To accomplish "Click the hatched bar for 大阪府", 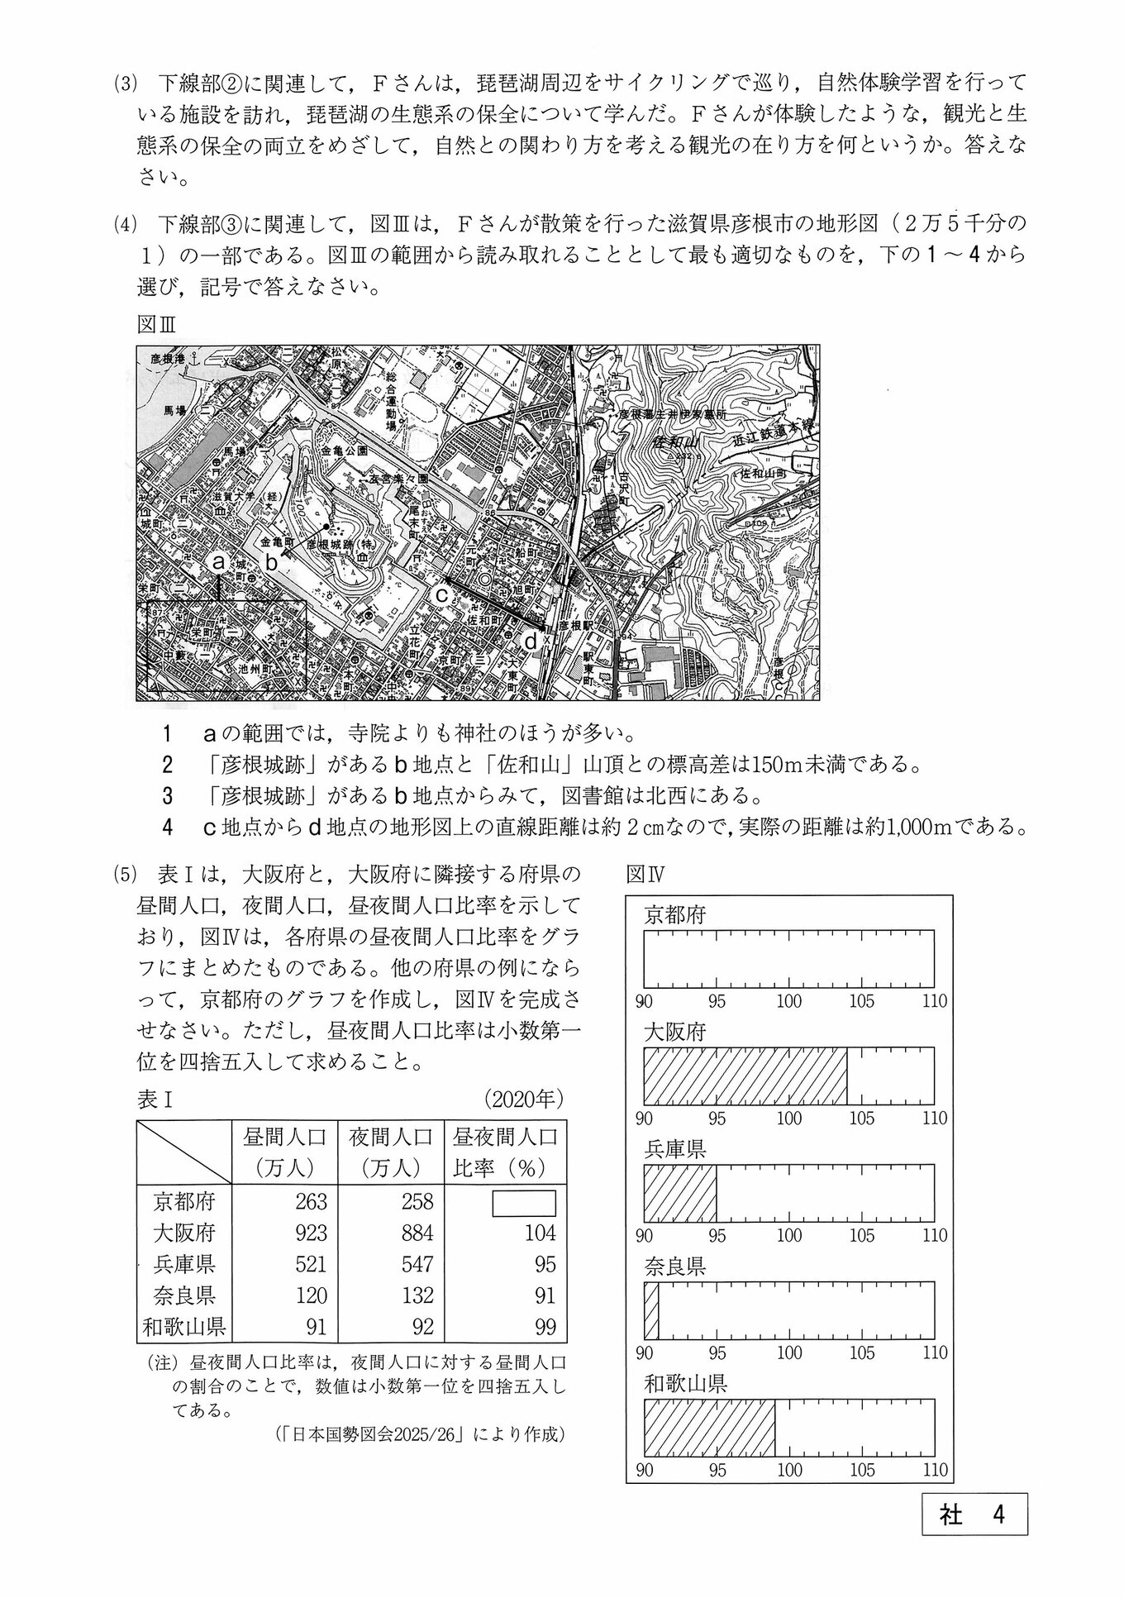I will pos(745,1076).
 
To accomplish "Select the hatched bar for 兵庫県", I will pos(679,1194).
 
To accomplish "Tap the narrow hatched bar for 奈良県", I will pos(651,1311).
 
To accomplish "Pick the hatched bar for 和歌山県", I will pos(709,1429).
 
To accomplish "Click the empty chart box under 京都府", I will pos(788,959).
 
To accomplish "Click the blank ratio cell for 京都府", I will pos(524,1203).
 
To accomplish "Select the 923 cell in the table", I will pos(310,1233).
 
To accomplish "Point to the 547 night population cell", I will pos(417,1265).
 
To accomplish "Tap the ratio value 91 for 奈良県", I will pos(545,1296).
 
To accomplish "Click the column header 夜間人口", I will pos(391,1138).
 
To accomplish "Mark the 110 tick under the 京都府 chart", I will pos(935,1001).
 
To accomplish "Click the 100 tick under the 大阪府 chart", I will pos(789,1119).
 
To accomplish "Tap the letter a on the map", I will pos(218,562).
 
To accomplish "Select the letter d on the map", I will pos(531,641).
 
